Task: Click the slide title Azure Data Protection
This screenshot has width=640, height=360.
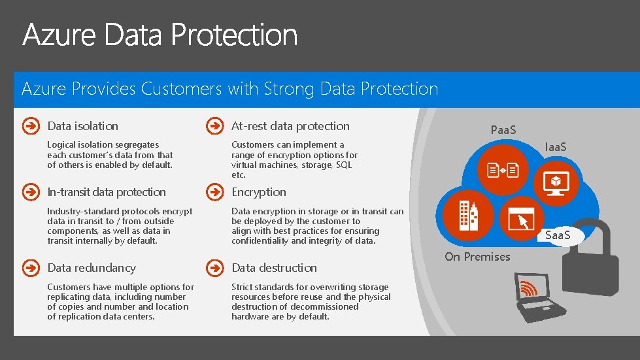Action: (160, 35)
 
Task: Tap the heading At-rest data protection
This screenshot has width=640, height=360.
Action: (290, 126)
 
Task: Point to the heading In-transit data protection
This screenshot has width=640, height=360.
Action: (107, 192)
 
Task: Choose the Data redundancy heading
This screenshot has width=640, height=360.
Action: (92, 268)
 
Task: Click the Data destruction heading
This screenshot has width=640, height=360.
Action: (274, 268)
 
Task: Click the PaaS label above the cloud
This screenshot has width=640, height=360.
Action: (503, 130)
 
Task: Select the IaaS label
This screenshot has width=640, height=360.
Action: (556, 147)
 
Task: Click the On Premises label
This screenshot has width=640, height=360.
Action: (477, 257)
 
